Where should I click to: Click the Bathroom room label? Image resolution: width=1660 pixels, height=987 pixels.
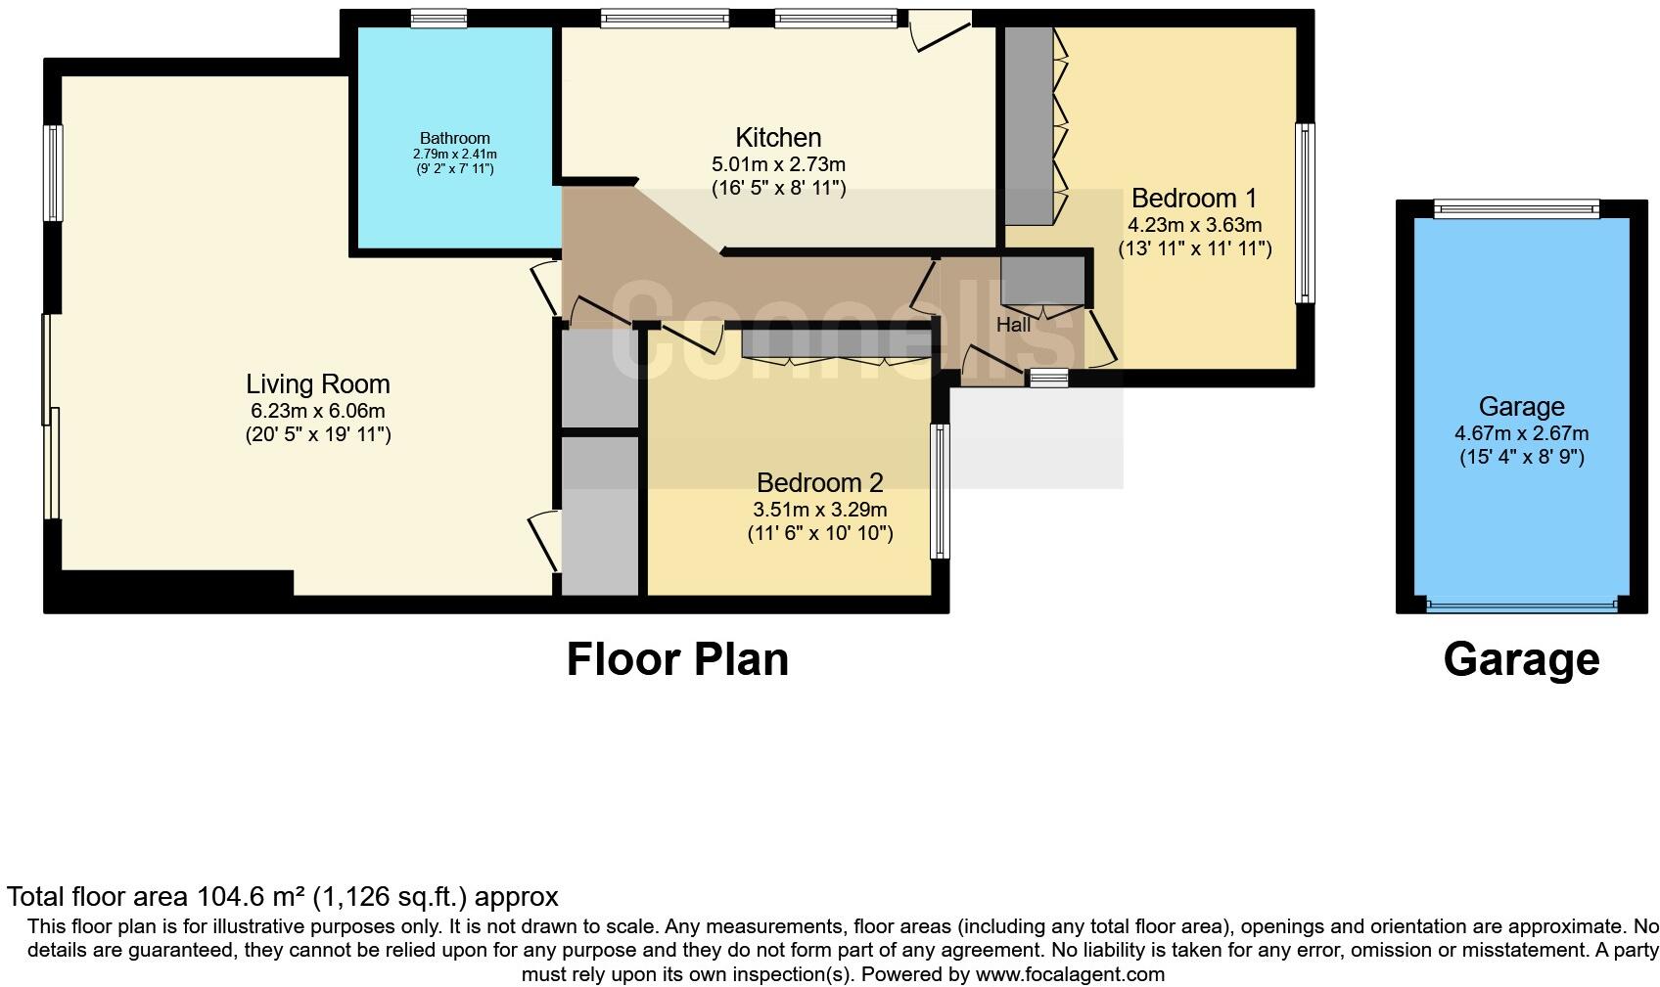coord(454,138)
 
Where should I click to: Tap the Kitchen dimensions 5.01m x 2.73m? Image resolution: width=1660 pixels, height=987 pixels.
coord(778,164)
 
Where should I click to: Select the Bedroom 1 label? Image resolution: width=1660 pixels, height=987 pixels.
coord(1193,199)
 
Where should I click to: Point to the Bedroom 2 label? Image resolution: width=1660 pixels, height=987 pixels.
coord(819,483)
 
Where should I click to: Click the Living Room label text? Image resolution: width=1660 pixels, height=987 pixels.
coord(317,384)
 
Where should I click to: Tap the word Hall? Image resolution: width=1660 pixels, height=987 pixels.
coord(1013,325)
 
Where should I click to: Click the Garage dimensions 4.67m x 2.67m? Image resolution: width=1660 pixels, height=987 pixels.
coord(1521,433)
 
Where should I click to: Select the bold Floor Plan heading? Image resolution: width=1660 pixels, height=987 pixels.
coord(677,659)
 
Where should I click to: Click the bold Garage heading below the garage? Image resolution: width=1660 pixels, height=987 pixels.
coord(1521,659)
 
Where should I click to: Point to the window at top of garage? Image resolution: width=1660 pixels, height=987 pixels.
coord(1516,207)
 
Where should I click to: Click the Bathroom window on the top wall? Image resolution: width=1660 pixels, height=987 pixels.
coord(438,18)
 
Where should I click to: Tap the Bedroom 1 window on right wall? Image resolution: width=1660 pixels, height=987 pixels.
coord(1305,212)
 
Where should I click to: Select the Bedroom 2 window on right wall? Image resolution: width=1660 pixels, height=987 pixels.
coord(940,491)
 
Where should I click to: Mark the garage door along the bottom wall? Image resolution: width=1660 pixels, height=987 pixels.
coord(1521,606)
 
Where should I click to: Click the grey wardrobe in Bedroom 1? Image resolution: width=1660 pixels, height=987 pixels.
coord(1028,124)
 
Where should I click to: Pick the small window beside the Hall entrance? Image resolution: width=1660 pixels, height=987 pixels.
coord(1048,379)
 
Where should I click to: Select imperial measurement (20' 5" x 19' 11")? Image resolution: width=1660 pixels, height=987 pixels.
coord(317,434)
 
